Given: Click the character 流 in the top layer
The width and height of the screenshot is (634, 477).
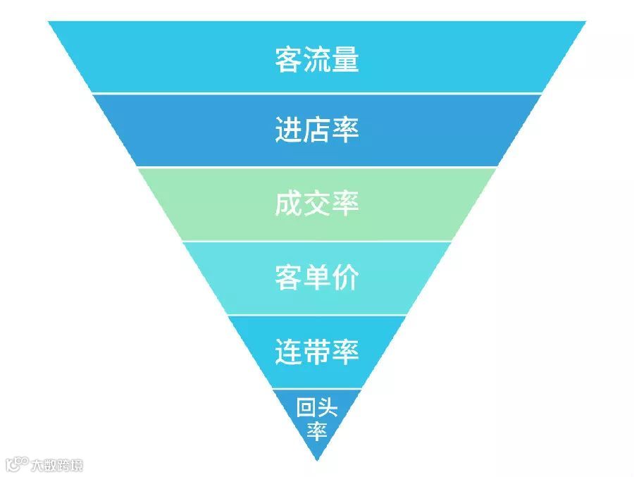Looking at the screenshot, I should [x=317, y=60].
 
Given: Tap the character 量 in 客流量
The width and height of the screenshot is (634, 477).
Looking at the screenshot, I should [x=346, y=60].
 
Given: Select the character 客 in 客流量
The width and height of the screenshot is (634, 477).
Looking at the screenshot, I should [x=288, y=60].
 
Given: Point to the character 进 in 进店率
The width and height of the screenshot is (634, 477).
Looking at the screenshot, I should [x=288, y=131].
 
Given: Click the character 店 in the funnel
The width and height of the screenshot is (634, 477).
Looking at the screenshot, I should [x=317, y=131].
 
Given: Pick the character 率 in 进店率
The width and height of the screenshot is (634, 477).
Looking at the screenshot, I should [x=346, y=131].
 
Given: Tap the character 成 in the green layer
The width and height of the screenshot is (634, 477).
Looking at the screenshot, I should [x=288, y=204].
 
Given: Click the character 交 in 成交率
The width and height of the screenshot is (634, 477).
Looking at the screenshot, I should [x=317, y=204].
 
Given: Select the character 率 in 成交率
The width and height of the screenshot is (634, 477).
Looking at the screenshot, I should [x=346, y=204].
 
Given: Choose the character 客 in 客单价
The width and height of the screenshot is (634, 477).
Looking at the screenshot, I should [x=288, y=278].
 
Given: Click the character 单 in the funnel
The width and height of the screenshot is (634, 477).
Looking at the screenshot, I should [x=317, y=278].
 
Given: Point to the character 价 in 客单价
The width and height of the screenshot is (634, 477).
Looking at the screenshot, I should [x=346, y=278].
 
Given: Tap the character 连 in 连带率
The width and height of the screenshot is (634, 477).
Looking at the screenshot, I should [x=288, y=352].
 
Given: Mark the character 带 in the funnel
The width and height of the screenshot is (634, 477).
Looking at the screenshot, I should [x=317, y=352].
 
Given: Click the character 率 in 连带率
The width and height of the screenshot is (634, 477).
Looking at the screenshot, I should [x=346, y=352].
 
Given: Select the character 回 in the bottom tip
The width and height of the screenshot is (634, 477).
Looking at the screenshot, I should [x=306, y=408].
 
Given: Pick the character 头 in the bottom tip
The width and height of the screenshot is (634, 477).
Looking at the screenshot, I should [x=328, y=408].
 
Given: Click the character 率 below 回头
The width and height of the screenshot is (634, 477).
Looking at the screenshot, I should [x=317, y=430].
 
